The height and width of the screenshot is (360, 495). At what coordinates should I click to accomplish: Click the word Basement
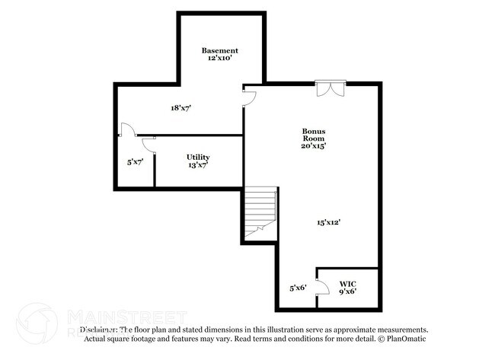[220, 50]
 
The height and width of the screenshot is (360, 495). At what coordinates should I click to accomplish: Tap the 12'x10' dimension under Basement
[220, 58]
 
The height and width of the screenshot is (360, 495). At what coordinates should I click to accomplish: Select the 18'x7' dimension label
[180, 108]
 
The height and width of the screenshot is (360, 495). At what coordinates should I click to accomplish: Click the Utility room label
[199, 157]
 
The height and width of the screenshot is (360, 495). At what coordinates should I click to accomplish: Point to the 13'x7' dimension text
[199, 164]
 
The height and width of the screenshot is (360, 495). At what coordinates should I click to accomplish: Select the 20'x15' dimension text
[313, 145]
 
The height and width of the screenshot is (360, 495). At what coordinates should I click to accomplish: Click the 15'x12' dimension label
[328, 222]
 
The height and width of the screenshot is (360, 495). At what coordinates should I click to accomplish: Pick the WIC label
[347, 282]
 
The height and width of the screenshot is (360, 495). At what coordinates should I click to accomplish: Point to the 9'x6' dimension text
[347, 290]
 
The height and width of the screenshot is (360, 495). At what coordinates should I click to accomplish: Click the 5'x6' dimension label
[298, 287]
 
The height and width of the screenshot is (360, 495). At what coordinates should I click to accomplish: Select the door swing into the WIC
[322, 288]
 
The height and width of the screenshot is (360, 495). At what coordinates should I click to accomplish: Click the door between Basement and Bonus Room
[249, 96]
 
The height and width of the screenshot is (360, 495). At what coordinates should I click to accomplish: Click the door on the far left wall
[126, 129]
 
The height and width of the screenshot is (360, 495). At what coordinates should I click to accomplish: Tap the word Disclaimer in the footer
[90, 330]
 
